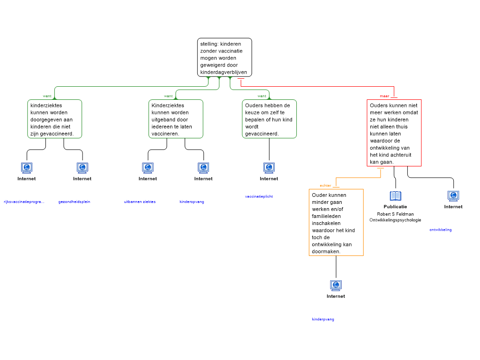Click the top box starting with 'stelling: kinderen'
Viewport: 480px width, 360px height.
[x=224, y=57]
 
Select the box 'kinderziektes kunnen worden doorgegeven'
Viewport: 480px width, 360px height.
[x=55, y=119]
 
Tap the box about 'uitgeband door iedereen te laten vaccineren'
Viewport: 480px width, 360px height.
[x=176, y=119]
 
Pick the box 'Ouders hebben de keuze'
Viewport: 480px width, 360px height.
[x=269, y=119]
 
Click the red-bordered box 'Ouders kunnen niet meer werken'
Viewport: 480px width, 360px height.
[x=394, y=133]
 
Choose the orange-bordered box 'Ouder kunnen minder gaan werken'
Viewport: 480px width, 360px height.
[x=336, y=222]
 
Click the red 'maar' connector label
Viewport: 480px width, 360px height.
[x=385, y=96]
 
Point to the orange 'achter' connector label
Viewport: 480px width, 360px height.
[x=325, y=186]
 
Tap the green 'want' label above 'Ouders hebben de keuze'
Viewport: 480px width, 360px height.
[x=262, y=96]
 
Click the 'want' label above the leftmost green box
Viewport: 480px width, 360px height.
[x=47, y=96]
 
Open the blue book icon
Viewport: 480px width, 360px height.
[x=396, y=196]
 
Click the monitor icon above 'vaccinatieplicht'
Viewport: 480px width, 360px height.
[x=269, y=167]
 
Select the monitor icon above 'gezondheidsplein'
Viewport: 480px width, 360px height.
[x=82, y=167]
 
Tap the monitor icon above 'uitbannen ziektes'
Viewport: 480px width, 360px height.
[x=148, y=167]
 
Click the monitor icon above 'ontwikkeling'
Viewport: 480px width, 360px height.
[x=453, y=196]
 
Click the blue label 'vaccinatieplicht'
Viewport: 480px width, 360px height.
[x=259, y=196]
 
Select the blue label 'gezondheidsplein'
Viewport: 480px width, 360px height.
[x=74, y=202]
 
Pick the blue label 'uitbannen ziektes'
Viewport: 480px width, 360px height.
[x=140, y=202]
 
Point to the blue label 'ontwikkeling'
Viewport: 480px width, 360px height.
[x=441, y=230]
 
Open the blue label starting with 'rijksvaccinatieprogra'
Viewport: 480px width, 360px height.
[x=23, y=202]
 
